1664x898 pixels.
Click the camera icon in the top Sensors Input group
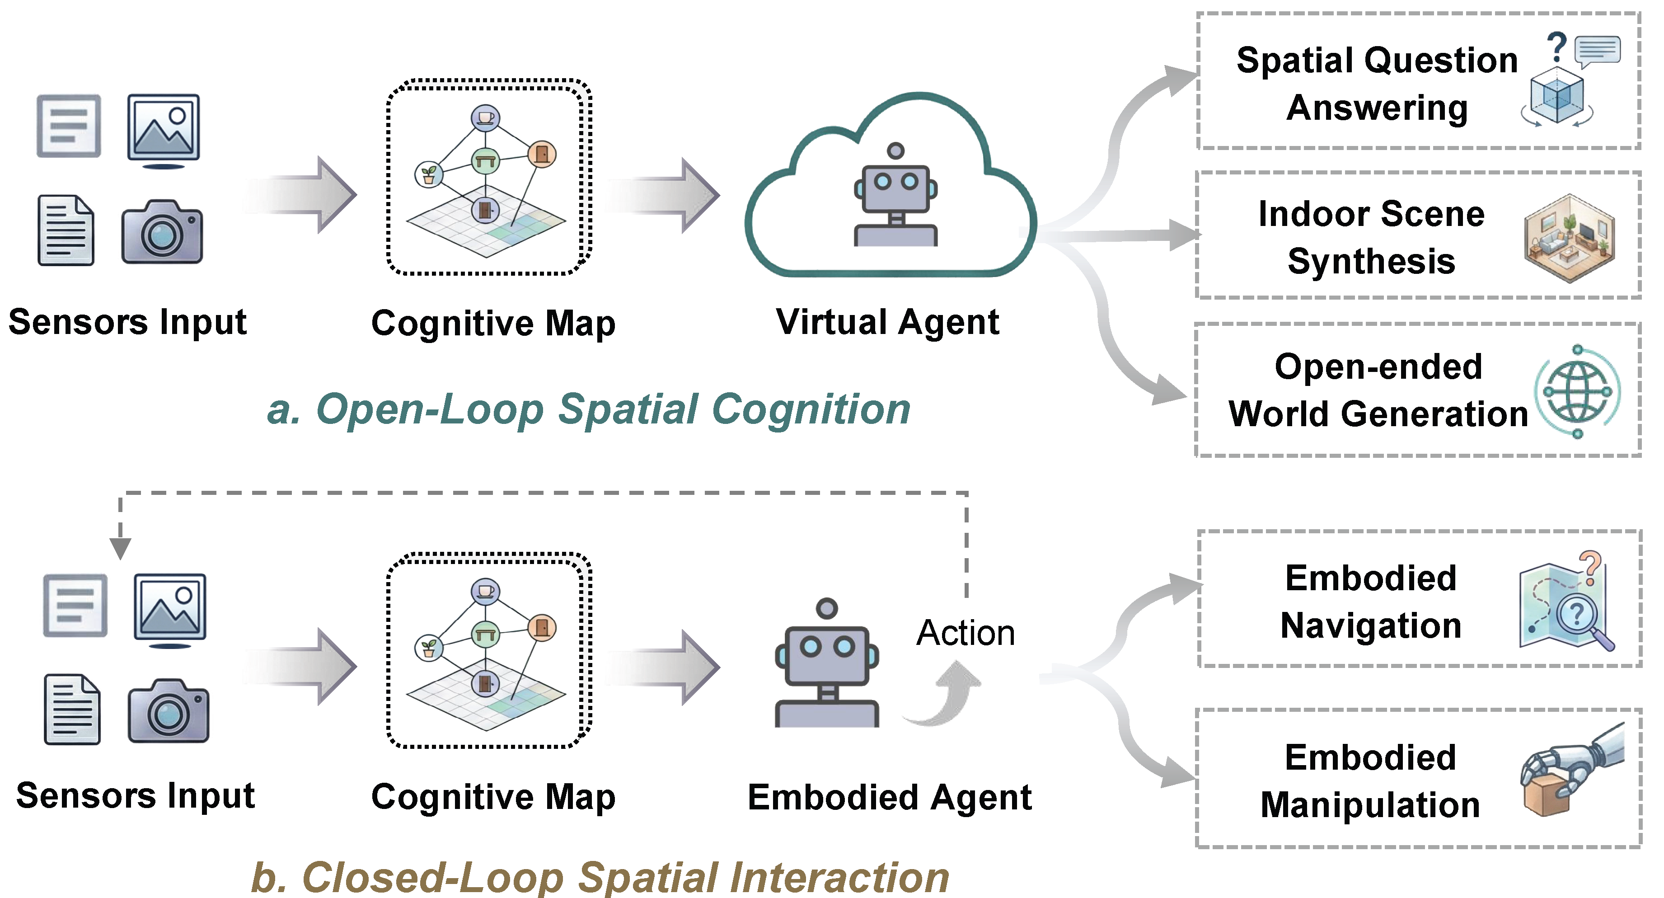(162, 231)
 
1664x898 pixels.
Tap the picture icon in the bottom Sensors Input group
(170, 610)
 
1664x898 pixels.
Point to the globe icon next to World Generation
(1577, 391)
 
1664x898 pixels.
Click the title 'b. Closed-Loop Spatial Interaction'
(600, 877)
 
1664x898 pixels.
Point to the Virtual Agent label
(887, 322)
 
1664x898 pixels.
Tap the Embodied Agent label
(890, 797)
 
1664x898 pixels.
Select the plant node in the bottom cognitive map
(429, 647)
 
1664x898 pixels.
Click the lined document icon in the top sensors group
(66, 230)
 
